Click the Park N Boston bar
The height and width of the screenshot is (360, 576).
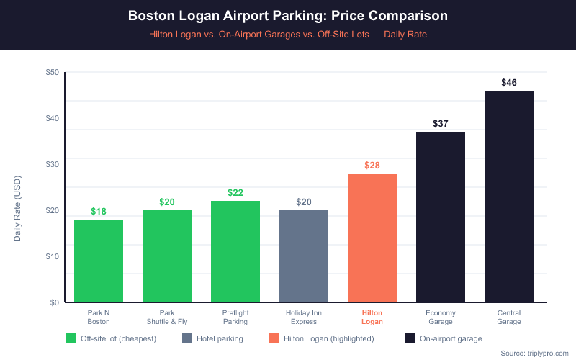(99, 261)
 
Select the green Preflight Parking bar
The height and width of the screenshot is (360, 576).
(235, 251)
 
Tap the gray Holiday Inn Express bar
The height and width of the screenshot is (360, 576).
(304, 256)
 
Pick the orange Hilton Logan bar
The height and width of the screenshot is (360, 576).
(372, 238)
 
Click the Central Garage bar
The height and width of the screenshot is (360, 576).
(509, 197)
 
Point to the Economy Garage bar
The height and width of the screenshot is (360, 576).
(441, 217)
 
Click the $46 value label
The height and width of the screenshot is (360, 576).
(509, 83)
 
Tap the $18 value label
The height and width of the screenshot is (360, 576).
(99, 212)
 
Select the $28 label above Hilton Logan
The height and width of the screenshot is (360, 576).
(372, 166)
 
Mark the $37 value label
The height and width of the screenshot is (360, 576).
(441, 124)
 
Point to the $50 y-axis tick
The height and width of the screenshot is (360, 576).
(52, 72)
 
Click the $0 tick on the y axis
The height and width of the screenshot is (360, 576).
(54, 302)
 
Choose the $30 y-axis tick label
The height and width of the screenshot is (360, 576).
(52, 164)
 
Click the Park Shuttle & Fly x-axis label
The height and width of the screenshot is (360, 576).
(167, 318)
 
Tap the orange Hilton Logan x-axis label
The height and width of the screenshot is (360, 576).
(372, 318)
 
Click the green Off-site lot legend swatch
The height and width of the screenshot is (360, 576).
(71, 338)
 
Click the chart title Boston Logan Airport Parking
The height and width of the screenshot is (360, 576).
(288, 15)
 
